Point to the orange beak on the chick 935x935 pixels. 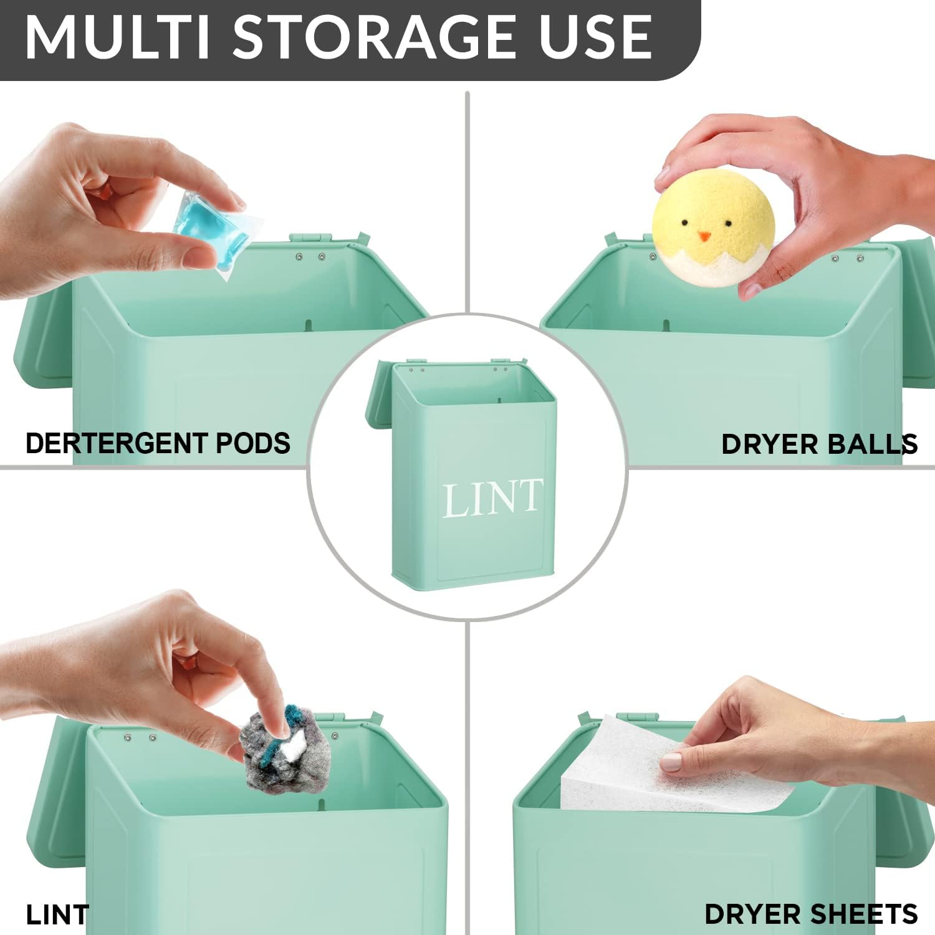pos(704,236)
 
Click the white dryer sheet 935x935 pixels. pos(673,767)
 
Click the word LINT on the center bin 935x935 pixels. pos(492,498)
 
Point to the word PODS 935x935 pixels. pos(253,443)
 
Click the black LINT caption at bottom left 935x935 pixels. pos(57,914)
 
